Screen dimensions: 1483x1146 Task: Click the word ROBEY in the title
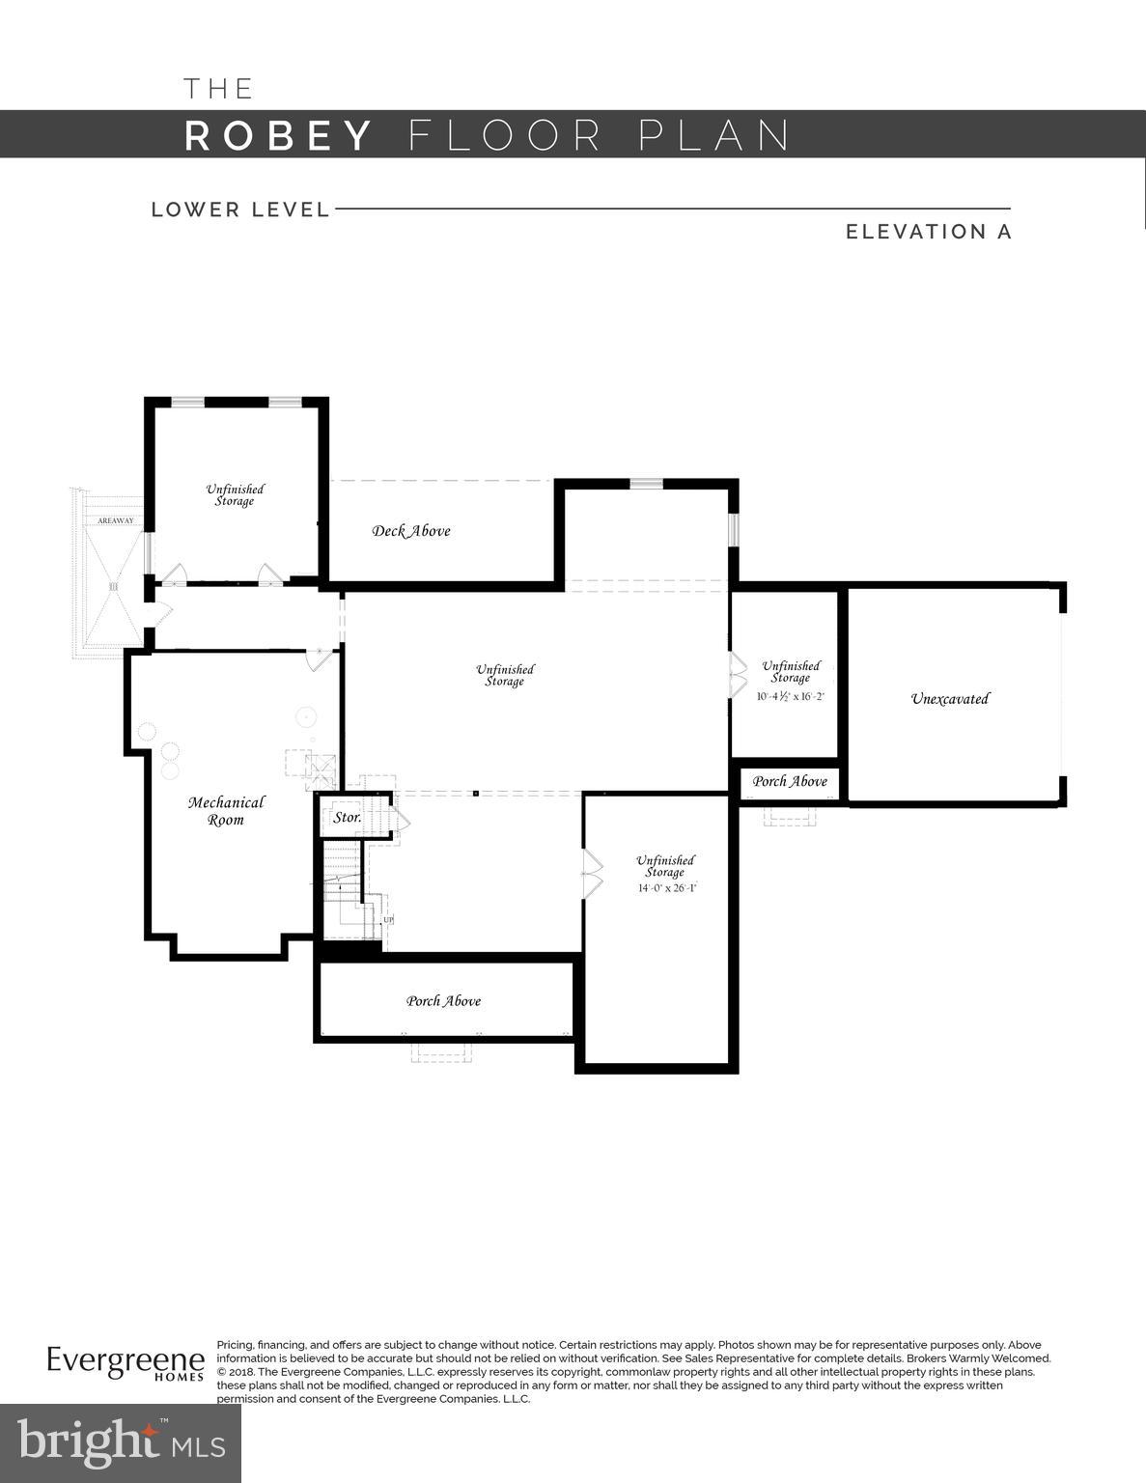[278, 135]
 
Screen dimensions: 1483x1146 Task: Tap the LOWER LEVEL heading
[240, 210]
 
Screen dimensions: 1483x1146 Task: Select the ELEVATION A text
[928, 232]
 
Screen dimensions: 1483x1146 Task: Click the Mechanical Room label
[226, 811]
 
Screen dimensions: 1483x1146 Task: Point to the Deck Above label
[411, 530]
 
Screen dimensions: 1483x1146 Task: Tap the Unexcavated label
[950, 698]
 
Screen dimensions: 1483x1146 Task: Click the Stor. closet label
[347, 817]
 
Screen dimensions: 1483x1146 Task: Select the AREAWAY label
[115, 521]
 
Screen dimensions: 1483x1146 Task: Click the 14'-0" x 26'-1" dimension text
[666, 887]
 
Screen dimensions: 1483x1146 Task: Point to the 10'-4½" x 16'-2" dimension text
[790, 695]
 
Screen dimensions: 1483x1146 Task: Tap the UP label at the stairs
[388, 920]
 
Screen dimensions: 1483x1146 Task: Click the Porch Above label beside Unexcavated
[790, 781]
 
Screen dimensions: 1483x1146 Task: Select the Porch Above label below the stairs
[443, 1001]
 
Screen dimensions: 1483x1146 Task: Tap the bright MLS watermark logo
[121, 1443]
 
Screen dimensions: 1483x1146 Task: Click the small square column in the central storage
[476, 794]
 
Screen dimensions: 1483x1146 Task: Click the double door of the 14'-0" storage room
[591, 874]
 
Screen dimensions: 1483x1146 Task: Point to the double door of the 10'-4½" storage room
[737, 675]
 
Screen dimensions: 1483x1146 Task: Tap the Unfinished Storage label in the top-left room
[235, 495]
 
